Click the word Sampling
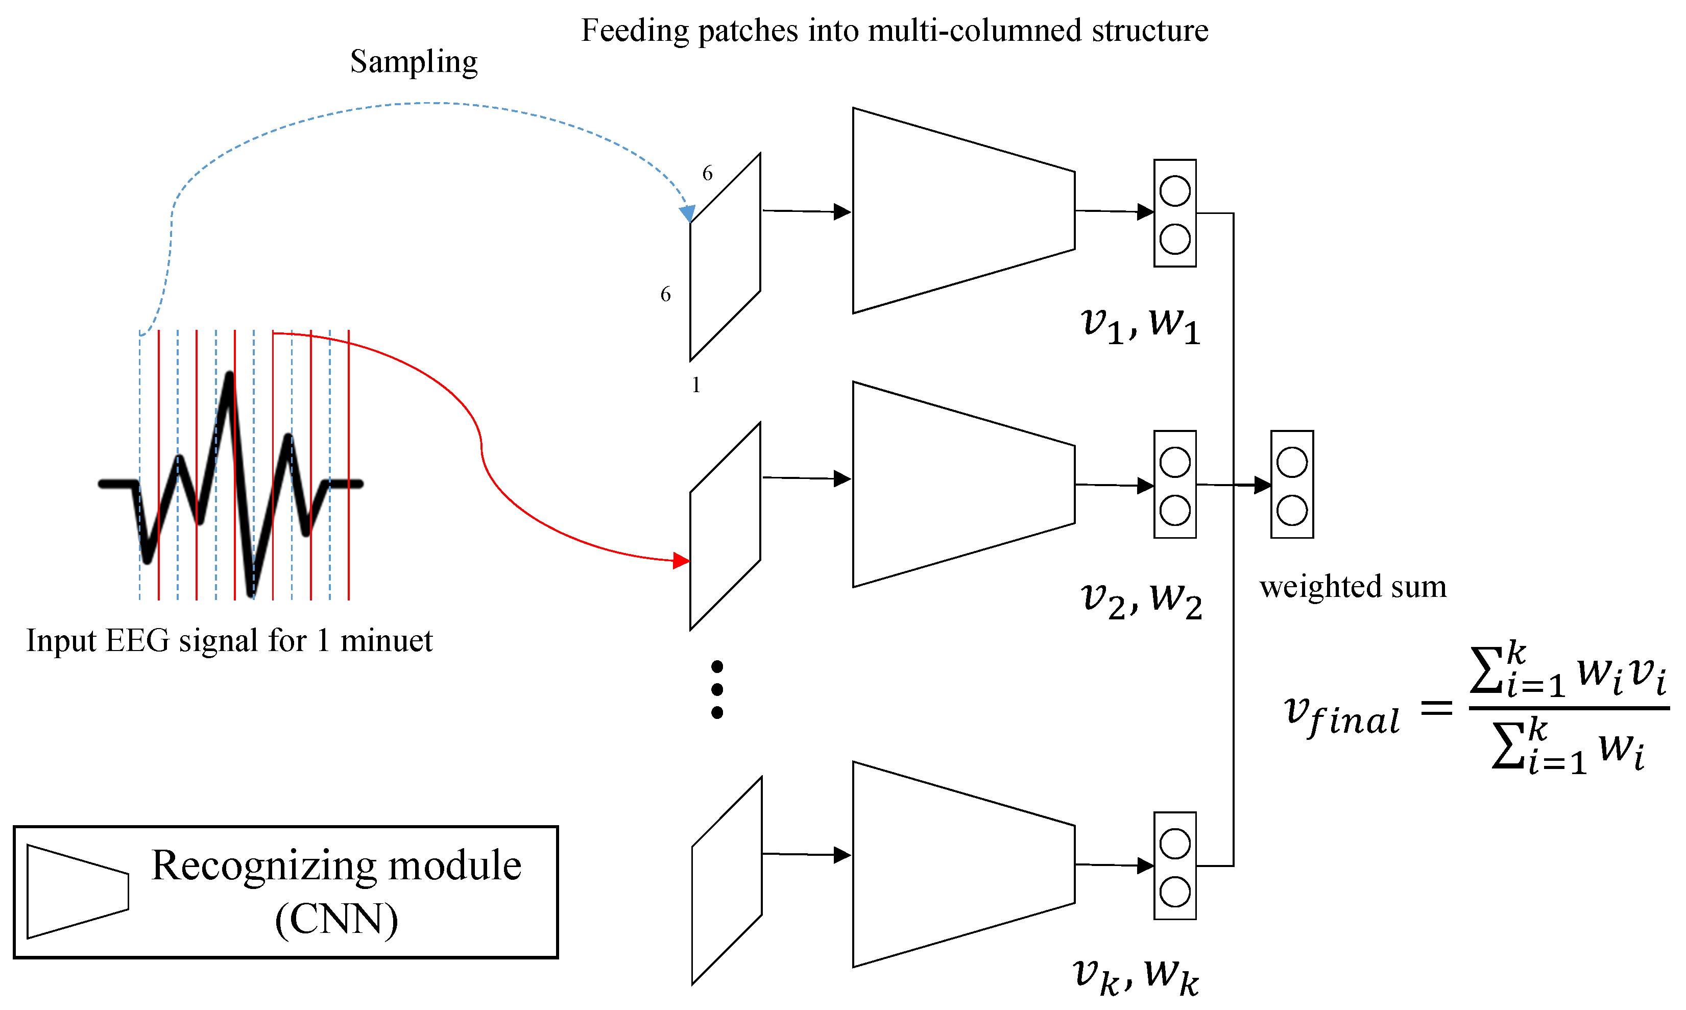[414, 62]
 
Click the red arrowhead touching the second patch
[681, 561]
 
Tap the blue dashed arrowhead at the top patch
[687, 213]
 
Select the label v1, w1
[1140, 325]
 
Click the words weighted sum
[1353, 587]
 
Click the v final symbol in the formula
[1341, 715]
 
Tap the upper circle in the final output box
[1292, 463]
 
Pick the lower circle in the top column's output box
[1175, 239]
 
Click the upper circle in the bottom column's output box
[1175, 844]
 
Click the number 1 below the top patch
[696, 385]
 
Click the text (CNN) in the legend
[336, 920]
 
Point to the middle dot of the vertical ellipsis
[717, 689]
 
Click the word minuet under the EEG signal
[386, 640]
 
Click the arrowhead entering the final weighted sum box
[1262, 485]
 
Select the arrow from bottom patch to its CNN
[806, 854]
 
